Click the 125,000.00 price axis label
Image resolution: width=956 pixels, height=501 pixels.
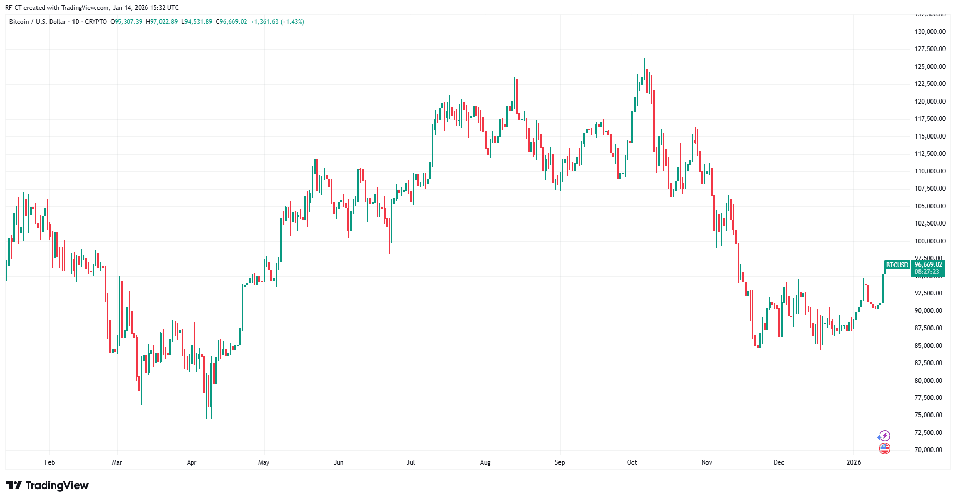[x=930, y=67]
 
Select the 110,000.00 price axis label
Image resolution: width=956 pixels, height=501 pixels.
[x=930, y=171]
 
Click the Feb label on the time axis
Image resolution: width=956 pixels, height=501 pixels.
[x=49, y=462]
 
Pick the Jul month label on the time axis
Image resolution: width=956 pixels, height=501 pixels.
[x=411, y=462]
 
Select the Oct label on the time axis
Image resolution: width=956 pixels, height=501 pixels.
[x=632, y=462]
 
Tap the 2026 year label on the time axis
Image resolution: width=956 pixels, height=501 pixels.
[x=853, y=462]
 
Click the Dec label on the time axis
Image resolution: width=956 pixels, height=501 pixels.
[x=779, y=462]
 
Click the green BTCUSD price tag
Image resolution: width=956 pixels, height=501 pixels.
[x=897, y=265]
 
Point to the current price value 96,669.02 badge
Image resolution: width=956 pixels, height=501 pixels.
[x=928, y=265]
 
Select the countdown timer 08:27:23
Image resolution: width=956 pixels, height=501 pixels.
[x=927, y=272]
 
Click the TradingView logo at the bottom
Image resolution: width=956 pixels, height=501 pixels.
[x=47, y=485]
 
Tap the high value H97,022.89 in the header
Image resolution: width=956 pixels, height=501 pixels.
[x=162, y=22]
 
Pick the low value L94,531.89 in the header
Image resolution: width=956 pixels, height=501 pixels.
[x=196, y=22]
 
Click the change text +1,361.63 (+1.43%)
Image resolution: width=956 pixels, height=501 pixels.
[x=277, y=22]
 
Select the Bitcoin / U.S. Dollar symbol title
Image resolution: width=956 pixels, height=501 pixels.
[x=38, y=22]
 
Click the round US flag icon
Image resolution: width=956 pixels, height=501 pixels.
[x=885, y=448]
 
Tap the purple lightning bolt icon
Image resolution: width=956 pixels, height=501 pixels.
[x=885, y=436]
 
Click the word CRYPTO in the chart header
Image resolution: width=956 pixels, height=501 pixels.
[x=96, y=22]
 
